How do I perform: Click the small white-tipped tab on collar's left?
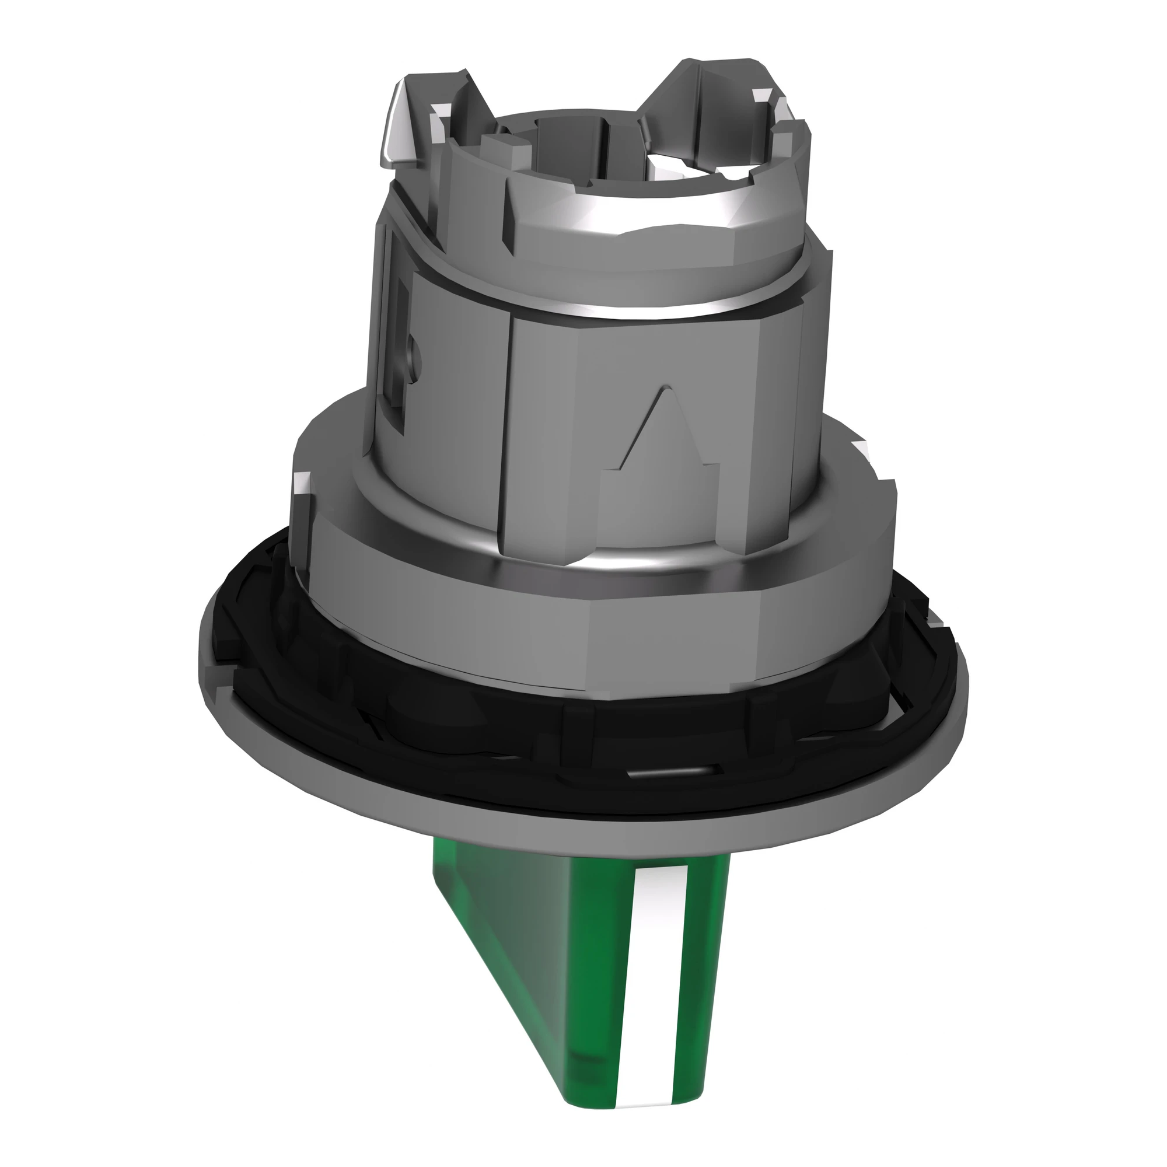300,483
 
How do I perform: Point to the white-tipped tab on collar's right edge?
861,450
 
